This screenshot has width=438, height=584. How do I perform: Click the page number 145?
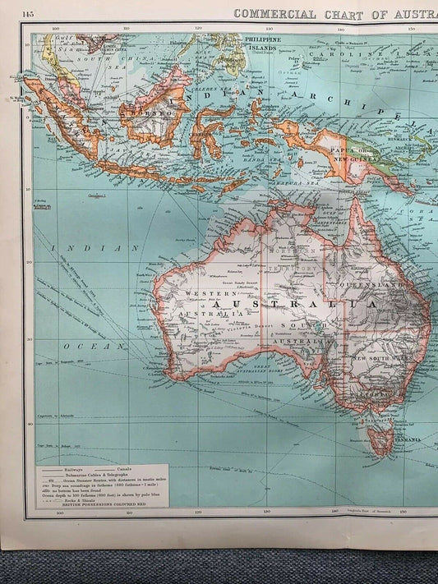pos(28,14)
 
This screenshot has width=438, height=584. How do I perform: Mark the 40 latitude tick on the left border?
pos(29,424)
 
